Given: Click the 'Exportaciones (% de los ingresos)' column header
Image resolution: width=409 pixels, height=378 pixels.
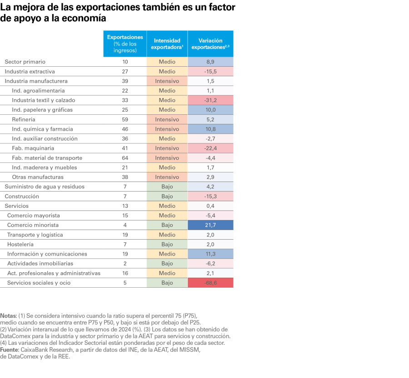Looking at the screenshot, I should tap(125, 44).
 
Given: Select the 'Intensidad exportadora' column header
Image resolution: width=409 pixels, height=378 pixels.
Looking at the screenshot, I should tap(167, 44).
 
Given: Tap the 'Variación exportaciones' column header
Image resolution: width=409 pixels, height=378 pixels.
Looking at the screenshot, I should tap(210, 44).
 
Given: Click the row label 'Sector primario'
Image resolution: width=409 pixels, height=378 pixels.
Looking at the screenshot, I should tap(25, 62).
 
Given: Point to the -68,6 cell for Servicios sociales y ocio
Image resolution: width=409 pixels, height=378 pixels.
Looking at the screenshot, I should tap(210, 283).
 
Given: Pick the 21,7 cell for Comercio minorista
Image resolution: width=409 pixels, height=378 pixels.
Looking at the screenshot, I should tap(210, 225).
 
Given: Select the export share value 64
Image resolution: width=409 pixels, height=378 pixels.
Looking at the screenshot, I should tap(125, 158).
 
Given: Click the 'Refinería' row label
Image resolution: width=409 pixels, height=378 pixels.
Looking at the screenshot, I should tap(24, 119).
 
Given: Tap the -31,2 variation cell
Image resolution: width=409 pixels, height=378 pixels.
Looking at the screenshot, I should tap(210, 100).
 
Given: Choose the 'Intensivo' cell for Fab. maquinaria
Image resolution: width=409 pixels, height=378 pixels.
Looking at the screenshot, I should tap(167, 148).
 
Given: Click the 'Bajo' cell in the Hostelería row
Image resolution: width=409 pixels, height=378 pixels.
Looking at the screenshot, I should tap(167, 245).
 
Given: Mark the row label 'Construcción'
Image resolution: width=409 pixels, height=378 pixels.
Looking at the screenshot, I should tap(22, 196).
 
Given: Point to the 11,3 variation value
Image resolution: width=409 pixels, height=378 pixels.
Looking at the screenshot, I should tap(210, 254).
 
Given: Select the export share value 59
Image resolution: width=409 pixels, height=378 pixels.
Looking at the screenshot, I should tap(125, 119).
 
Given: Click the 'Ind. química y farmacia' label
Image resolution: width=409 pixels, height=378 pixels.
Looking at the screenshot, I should tap(42, 129).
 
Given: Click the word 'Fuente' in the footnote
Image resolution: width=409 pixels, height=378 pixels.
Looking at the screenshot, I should tap(9, 350).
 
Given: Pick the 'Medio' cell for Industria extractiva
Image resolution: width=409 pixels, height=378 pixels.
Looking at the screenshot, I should tap(167, 72).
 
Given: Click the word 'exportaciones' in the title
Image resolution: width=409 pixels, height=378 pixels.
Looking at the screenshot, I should tap(112, 8).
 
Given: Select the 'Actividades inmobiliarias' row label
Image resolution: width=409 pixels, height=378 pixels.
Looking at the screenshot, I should tap(40, 264).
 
